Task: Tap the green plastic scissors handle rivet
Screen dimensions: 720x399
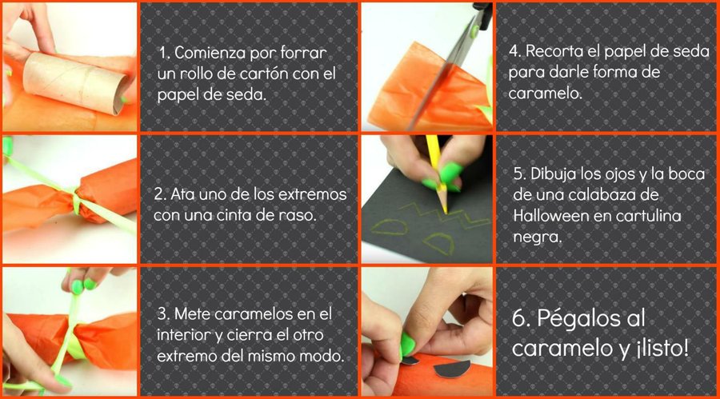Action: point(474,31)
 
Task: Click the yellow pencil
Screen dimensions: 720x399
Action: point(437,174)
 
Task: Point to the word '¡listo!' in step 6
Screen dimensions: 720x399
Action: point(663,348)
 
